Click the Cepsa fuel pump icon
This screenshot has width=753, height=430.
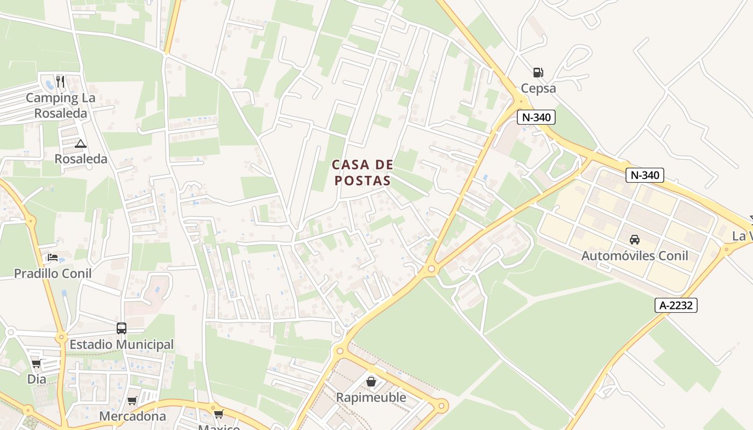pos(538,72)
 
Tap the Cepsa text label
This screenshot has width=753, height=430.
pos(538,88)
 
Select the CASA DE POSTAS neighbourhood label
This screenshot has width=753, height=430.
pos(362,173)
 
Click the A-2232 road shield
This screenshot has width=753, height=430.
pos(676,305)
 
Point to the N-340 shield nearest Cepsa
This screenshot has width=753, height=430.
pos(536,117)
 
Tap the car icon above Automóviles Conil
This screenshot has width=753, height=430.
pos(635,239)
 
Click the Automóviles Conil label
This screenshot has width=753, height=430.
pos(635,255)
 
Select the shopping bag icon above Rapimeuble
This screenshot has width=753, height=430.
pos(371,381)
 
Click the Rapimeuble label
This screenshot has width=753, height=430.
pos(371,397)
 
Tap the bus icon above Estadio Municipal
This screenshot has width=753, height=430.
pos(122,328)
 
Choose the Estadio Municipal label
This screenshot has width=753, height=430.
pos(122,344)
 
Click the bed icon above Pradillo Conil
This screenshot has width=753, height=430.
pos(53,257)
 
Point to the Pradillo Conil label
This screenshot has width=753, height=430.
pos(53,273)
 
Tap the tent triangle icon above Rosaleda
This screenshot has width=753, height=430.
pos(81,144)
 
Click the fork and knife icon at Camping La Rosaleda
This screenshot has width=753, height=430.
pos(60,82)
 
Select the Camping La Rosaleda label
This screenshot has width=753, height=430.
pos(60,105)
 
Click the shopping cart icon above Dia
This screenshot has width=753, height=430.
pos(37,364)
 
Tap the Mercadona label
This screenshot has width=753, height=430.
pos(132,416)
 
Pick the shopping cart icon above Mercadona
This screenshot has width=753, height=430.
pos(132,400)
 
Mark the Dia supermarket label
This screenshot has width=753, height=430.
pos(37,379)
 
